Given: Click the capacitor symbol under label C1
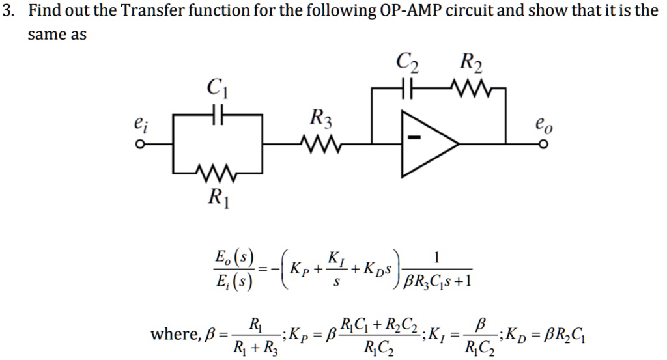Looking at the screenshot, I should [219, 115].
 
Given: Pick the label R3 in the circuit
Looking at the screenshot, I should [321, 118].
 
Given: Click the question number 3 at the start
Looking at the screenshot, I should [7, 11].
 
